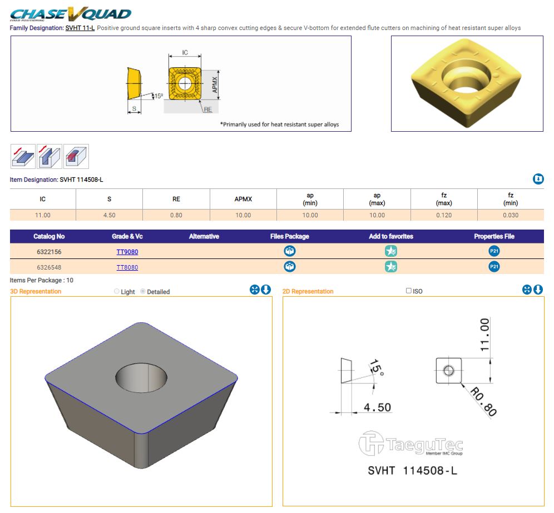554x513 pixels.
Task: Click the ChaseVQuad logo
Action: click(71, 14)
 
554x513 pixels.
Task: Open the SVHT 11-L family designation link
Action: click(80, 28)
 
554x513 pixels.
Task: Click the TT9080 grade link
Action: click(127, 252)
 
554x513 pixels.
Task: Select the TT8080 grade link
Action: click(127, 267)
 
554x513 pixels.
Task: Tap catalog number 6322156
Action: click(49, 252)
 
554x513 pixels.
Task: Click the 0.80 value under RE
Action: click(176, 215)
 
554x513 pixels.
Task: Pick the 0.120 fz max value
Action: click(444, 215)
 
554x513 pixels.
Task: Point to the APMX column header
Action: click(243, 199)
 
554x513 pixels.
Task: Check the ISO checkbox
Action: click(409, 291)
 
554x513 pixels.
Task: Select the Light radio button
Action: click(117, 291)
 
